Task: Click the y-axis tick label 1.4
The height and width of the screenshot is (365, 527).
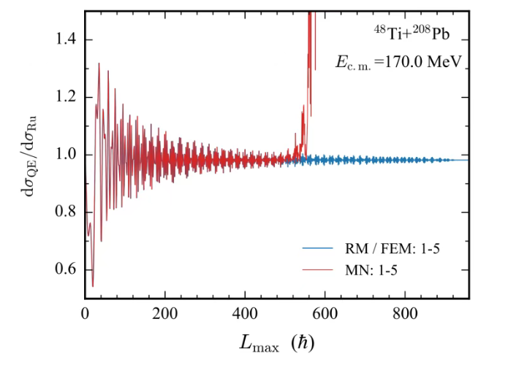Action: coord(67,39)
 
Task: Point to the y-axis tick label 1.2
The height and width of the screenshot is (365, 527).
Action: coord(67,97)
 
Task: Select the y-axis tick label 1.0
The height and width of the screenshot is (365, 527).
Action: coord(67,155)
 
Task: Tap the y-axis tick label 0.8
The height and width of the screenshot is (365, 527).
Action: coord(67,212)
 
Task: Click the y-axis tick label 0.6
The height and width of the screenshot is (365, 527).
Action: coord(67,269)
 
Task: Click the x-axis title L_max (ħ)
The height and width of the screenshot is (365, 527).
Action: coord(277,341)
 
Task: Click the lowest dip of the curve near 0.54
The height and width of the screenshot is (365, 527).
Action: coord(92,286)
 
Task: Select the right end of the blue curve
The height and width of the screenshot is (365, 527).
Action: coord(469,160)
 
